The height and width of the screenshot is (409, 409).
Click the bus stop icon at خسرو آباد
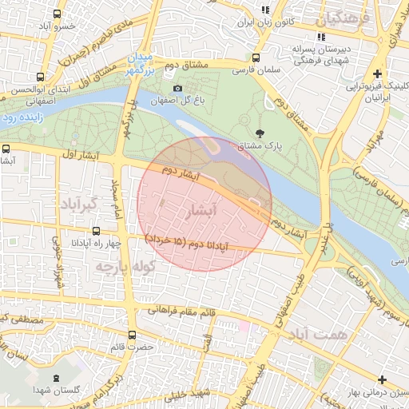56,15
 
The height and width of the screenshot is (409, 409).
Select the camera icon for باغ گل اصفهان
177,88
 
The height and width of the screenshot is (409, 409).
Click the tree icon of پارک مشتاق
258,133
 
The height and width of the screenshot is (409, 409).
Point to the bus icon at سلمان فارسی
255,58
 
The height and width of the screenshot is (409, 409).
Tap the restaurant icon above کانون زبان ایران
265,10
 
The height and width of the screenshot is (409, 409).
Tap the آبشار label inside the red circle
200,212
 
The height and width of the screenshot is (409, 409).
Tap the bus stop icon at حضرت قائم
131,335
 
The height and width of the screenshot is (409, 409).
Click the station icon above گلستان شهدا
55,378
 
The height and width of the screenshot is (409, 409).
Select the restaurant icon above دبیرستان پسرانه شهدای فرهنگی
321,37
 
